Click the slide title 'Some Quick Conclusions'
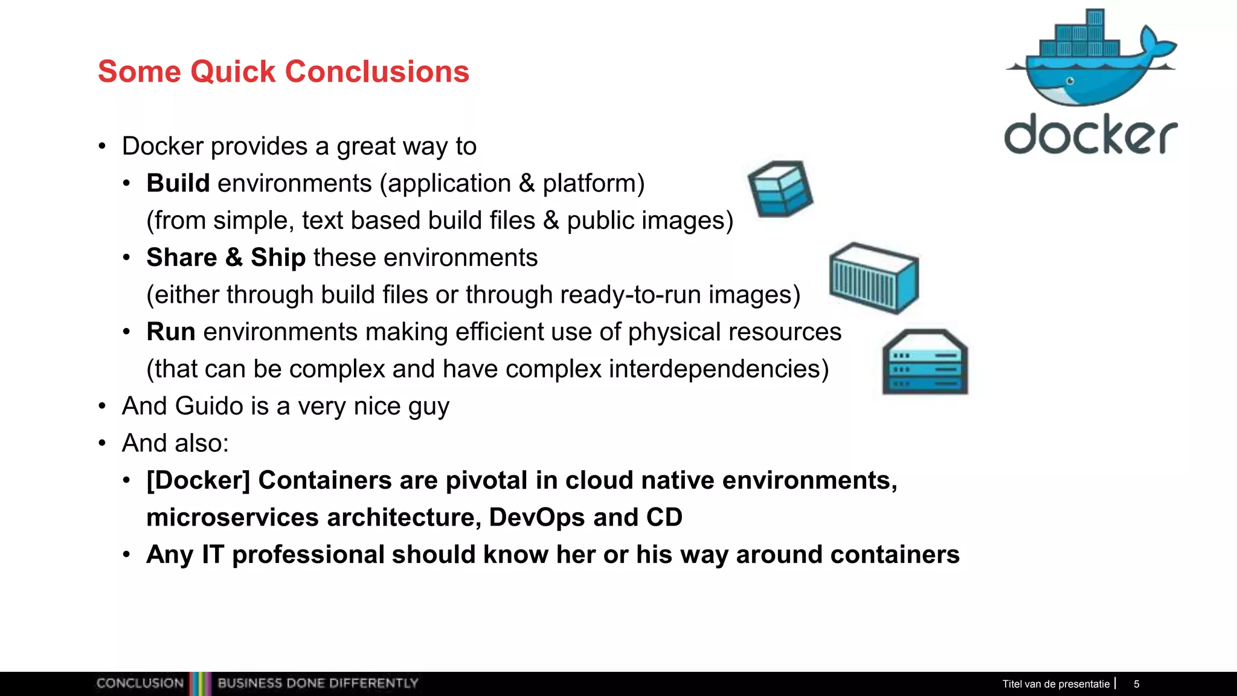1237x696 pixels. [283, 71]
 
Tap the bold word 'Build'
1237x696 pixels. [178, 183]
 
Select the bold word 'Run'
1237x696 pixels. [170, 332]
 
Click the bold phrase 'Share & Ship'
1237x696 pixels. [226, 257]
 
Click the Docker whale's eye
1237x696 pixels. [1070, 81]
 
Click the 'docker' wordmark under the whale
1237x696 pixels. [1090, 134]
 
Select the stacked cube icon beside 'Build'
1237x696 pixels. [780, 188]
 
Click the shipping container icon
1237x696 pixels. [874, 279]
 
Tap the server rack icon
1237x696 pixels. [925, 362]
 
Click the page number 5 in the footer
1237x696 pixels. [1136, 684]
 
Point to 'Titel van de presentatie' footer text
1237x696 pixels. [1056, 684]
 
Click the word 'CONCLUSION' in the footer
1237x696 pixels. [140, 683]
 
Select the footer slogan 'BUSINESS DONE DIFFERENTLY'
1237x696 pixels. [318, 683]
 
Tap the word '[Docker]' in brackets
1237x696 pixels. [198, 480]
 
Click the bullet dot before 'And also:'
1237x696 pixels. [102, 443]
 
